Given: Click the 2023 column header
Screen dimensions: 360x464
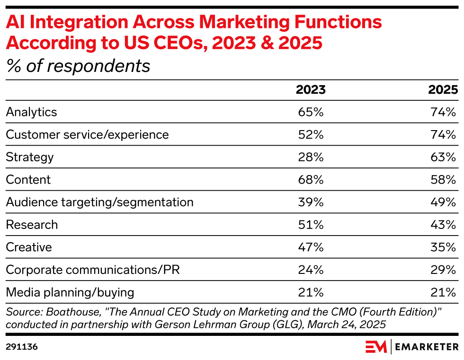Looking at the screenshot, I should pos(311,90).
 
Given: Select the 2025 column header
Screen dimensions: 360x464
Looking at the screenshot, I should pos(443,90).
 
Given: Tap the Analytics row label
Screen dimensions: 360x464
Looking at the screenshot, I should pos(31,112).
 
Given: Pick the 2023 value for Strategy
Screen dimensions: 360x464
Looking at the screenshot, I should pos(311,157).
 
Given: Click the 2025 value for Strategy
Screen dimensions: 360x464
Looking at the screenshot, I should pos(443,157).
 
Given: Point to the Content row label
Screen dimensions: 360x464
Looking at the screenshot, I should pos(28,180).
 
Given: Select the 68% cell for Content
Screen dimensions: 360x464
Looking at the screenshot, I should pos(311,180).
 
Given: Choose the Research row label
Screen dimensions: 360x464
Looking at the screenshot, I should pos(32,225).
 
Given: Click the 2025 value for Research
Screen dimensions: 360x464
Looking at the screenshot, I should pos(443,225).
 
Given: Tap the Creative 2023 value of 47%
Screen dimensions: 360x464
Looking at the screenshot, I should pos(311,247).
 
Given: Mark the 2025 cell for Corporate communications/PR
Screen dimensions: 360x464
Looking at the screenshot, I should pos(443,270).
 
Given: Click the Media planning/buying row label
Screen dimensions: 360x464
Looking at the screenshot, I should pos(70,292).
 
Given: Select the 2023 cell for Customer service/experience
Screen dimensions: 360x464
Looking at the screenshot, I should pos(311,134).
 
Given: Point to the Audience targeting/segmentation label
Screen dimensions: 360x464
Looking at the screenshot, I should pos(99,202).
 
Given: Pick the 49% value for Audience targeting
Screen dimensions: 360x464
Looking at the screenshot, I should pos(443,202).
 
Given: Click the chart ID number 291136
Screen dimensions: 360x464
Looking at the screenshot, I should pos(22,347).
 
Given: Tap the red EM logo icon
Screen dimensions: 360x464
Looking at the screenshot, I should pos(376,347).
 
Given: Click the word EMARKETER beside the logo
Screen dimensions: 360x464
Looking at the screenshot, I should pos(428,347).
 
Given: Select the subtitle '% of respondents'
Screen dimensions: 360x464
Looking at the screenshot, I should pos(78,66).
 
